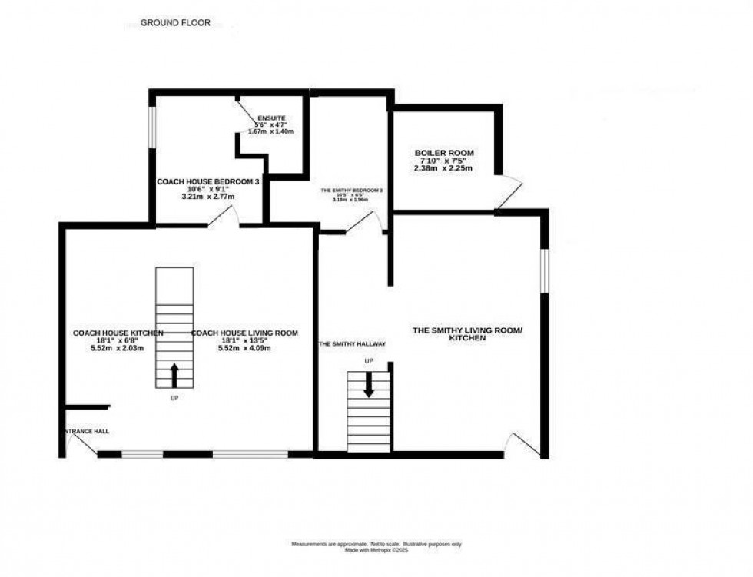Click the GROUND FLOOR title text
coord(175,23)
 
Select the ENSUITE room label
coord(271,118)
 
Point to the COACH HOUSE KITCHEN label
coord(118,333)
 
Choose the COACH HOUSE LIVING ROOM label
coord(244,333)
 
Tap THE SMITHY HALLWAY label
coord(352,344)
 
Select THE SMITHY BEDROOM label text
coord(351,190)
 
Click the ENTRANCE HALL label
coord(86,431)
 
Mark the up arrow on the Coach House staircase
coord(174,375)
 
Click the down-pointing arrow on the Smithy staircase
coord(369,384)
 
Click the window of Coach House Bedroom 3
coord(151,124)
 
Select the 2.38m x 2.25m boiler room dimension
coord(443,168)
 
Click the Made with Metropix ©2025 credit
coord(376,550)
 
